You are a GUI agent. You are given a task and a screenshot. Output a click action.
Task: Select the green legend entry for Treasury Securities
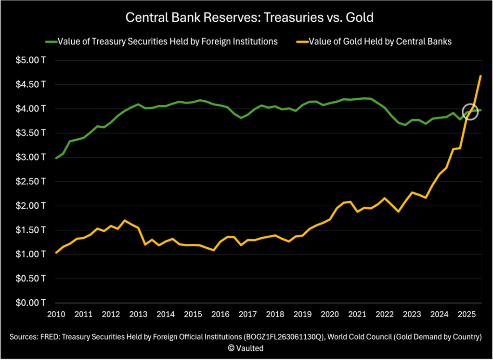[x=162, y=41]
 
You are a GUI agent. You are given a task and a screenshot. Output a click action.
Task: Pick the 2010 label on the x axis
[x=57, y=314]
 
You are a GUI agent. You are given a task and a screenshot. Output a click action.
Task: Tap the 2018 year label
[x=275, y=314]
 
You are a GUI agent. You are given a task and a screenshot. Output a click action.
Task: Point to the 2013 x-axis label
[x=139, y=314]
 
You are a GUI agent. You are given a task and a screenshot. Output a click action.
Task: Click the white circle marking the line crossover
[x=471, y=112]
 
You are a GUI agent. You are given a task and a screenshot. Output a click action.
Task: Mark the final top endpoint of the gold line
[x=480, y=76]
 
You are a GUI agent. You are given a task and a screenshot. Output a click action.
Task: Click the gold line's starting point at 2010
[x=56, y=253]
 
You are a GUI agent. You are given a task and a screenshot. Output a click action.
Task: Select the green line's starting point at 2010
[x=56, y=158]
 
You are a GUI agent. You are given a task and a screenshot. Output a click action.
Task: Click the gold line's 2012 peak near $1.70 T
[x=125, y=220]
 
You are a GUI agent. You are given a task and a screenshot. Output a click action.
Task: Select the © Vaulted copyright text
[x=246, y=347]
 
